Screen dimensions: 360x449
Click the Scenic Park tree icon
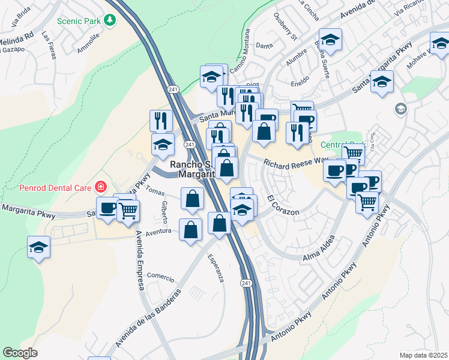(x=109, y=20)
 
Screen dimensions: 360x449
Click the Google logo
(x=20, y=352)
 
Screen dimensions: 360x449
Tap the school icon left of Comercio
(x=38, y=248)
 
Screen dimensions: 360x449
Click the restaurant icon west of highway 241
(x=161, y=121)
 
